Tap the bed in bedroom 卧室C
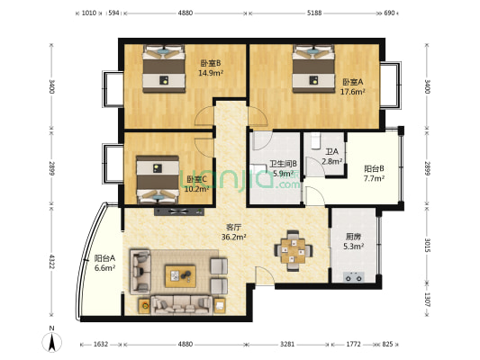pyautogui.click(x=158, y=178)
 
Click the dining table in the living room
pyautogui.click(x=294, y=249)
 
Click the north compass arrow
pyautogui.click(x=53, y=342)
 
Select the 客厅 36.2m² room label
pyautogui.click(x=234, y=232)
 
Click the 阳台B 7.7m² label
pyautogui.click(x=374, y=174)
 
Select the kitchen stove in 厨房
pyautogui.click(x=352, y=277)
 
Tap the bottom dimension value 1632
pyautogui.click(x=100, y=345)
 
